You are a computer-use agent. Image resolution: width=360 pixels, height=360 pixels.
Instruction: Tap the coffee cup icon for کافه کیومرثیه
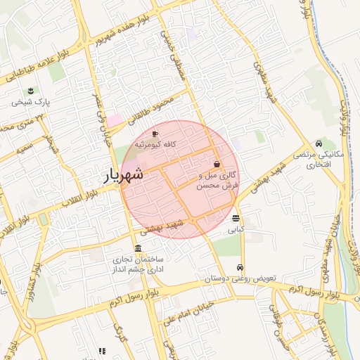(x=155, y=134)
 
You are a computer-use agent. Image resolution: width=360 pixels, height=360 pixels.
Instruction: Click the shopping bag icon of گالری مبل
(x=216, y=163)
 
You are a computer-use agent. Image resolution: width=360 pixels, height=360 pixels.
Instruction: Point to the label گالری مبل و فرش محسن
(x=220, y=179)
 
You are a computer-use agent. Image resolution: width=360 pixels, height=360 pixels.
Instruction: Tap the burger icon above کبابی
(x=235, y=218)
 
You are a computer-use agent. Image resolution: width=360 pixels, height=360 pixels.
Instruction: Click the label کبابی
(x=235, y=229)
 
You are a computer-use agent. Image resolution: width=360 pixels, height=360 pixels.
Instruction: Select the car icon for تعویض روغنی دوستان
(x=240, y=268)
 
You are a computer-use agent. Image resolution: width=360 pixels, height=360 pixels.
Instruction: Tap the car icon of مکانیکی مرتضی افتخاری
(x=320, y=143)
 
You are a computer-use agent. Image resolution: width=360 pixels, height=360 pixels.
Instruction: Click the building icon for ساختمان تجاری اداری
(x=137, y=250)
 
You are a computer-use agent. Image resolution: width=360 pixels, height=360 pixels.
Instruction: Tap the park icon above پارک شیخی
(x=31, y=91)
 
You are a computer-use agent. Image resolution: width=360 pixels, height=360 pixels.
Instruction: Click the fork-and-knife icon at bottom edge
(x=102, y=351)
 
